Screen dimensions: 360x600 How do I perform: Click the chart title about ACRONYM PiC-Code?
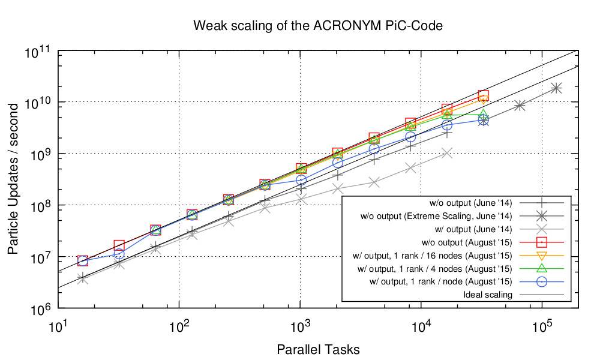point(317,26)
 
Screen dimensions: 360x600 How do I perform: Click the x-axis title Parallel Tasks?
point(318,348)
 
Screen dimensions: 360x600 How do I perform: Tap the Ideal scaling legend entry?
point(488,295)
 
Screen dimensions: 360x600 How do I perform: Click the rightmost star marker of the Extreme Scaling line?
point(556,88)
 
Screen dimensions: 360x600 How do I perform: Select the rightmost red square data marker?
point(483,95)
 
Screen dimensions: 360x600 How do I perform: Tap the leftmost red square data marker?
point(82,260)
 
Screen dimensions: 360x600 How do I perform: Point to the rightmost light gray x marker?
point(446,153)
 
